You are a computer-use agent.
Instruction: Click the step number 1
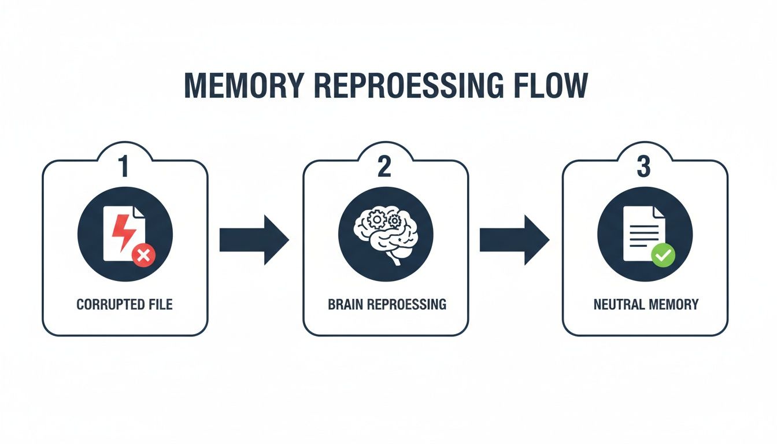[124, 166]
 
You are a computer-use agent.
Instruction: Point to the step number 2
[385, 166]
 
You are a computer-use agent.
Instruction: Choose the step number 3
[644, 166]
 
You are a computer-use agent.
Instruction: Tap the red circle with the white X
[143, 254]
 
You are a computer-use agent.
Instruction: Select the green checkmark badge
[663, 254]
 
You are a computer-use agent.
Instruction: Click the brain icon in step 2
[385, 234]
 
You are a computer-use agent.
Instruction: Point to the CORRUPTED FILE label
[124, 304]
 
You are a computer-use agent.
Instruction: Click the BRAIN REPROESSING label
[387, 304]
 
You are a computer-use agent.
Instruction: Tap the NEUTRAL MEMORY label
[646, 304]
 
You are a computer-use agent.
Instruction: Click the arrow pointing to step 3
[514, 239]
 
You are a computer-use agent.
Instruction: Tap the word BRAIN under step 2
[345, 304]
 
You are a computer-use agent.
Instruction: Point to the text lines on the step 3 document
[641, 234]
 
